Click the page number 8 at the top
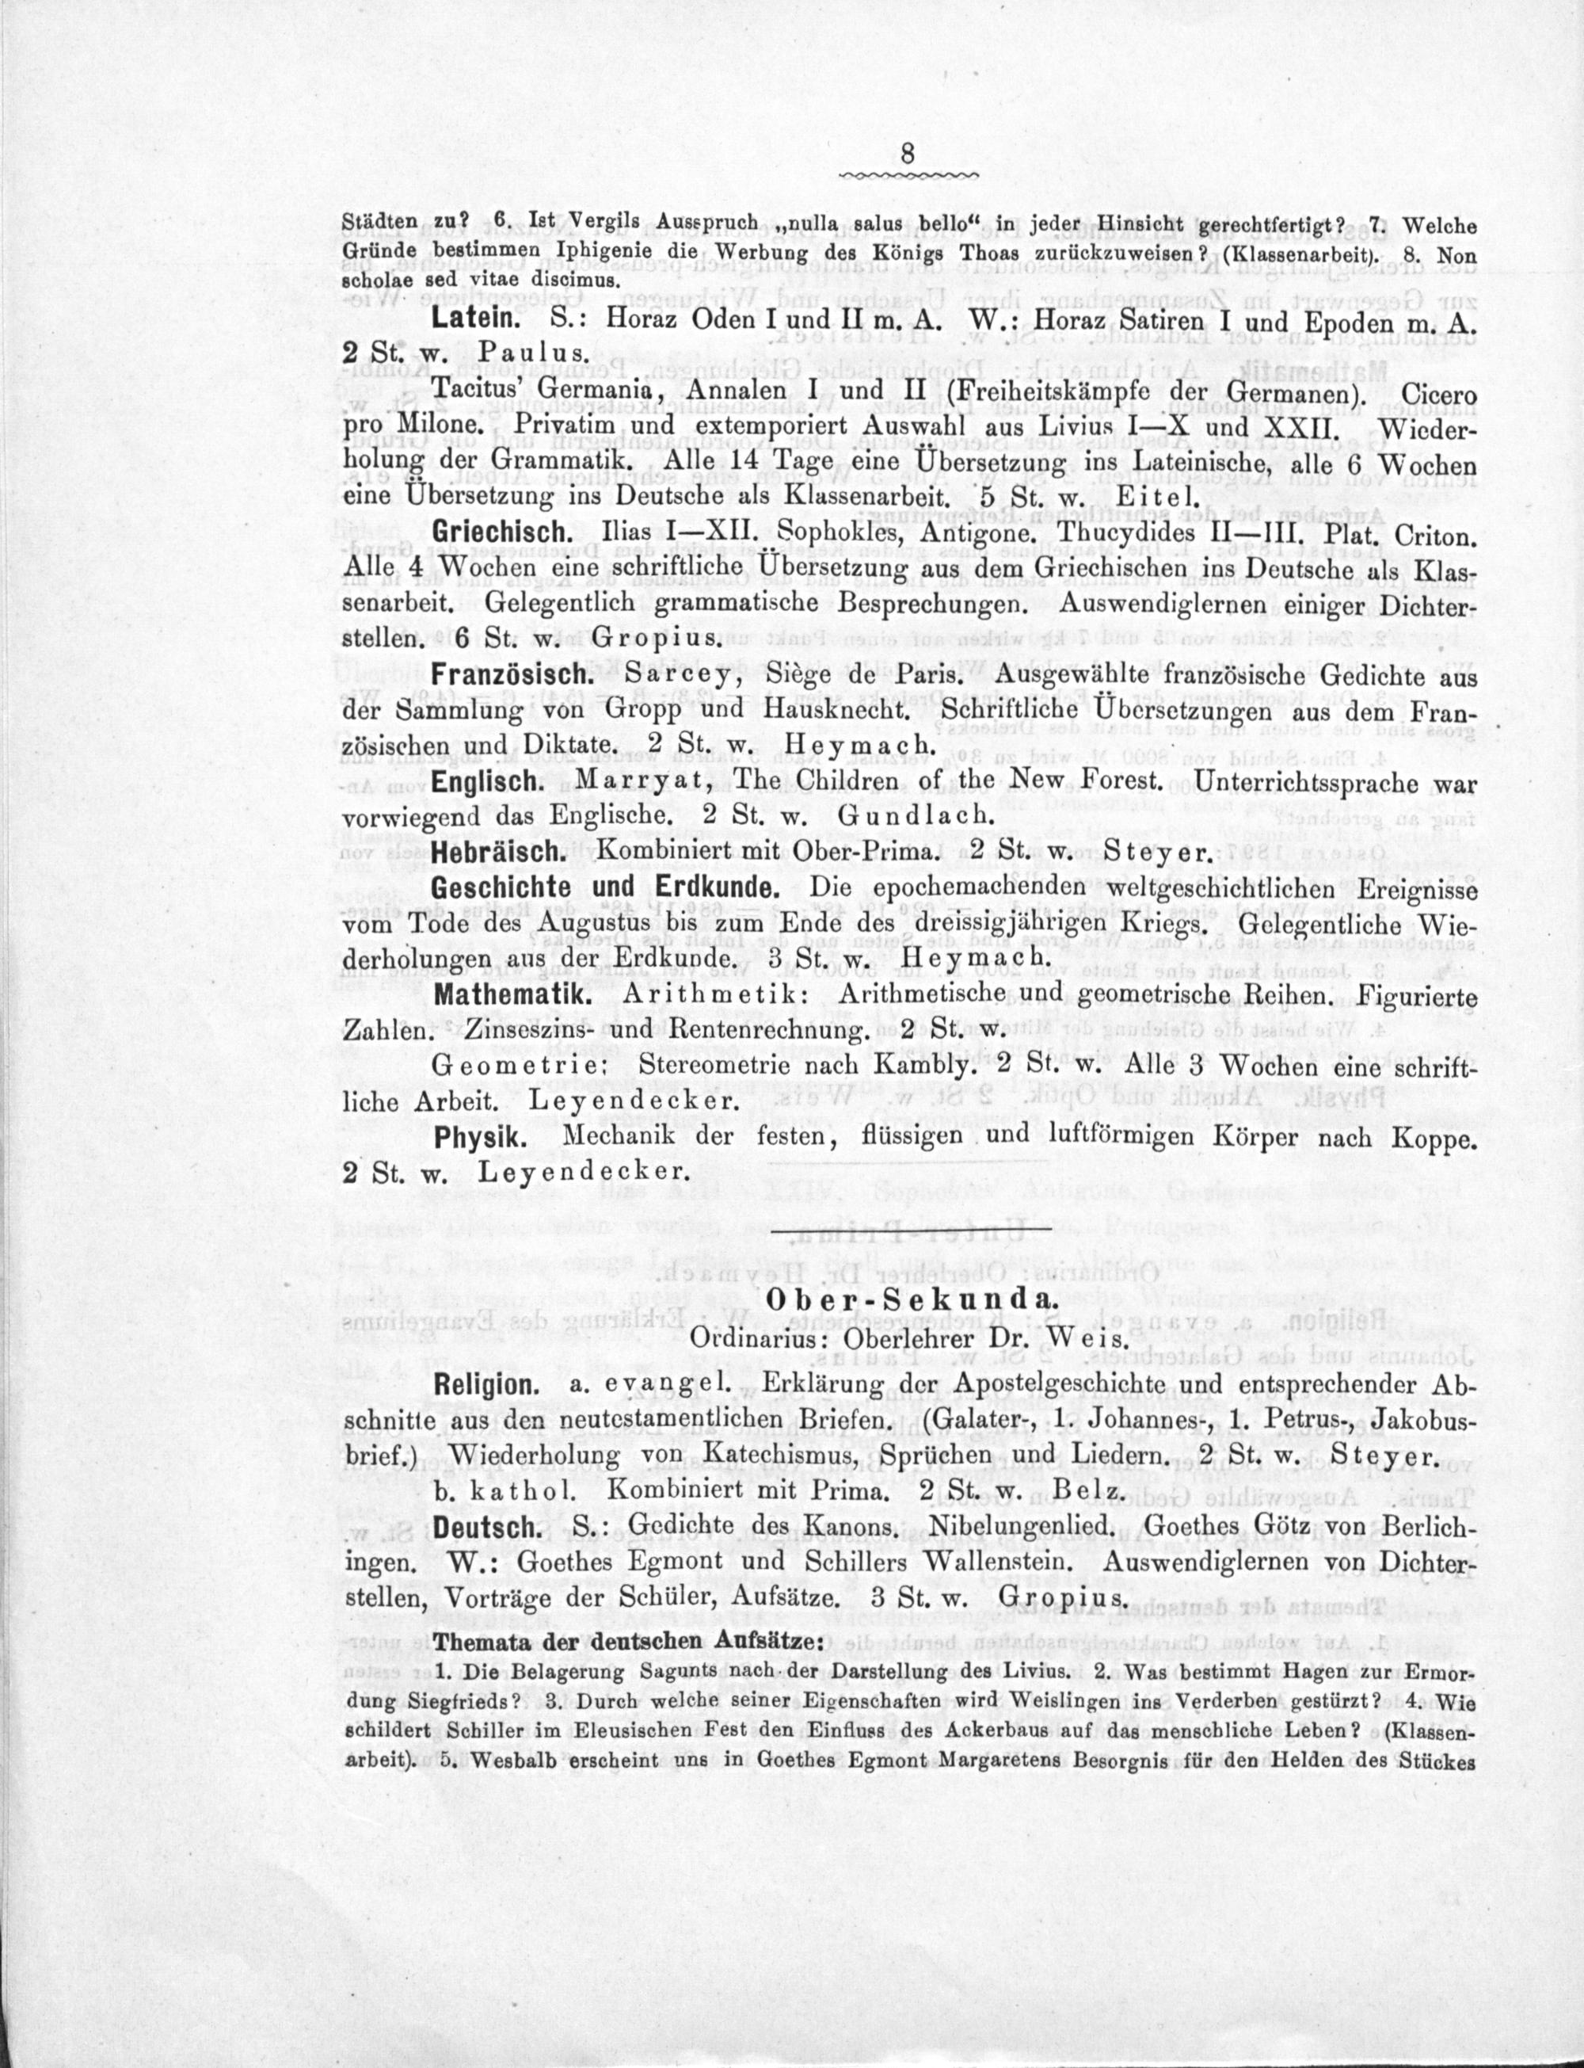pyautogui.click(x=907, y=154)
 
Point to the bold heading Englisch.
pyautogui.click(x=487, y=782)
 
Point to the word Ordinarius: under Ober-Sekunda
pyautogui.click(x=758, y=1338)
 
